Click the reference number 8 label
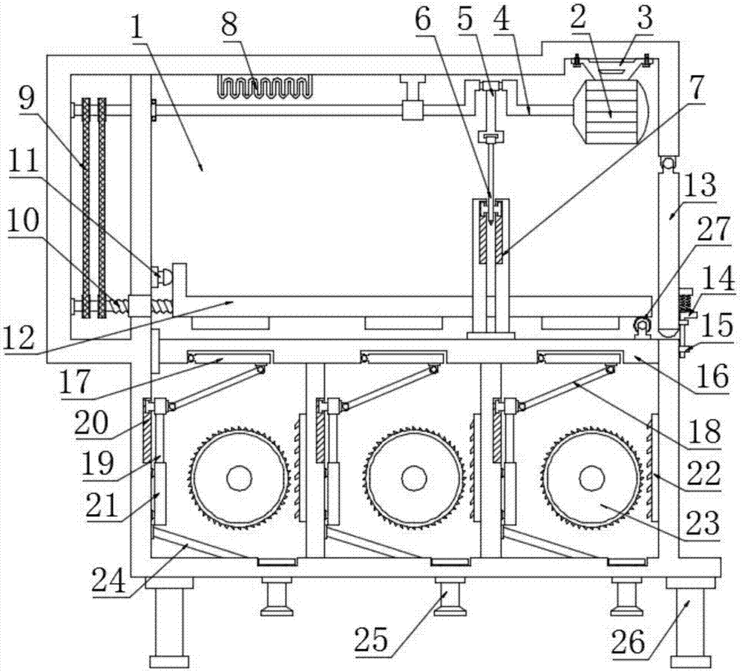229,24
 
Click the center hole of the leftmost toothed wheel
240,478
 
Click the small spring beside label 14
686,303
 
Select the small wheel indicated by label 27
642,326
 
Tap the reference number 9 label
27,100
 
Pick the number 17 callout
75,382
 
